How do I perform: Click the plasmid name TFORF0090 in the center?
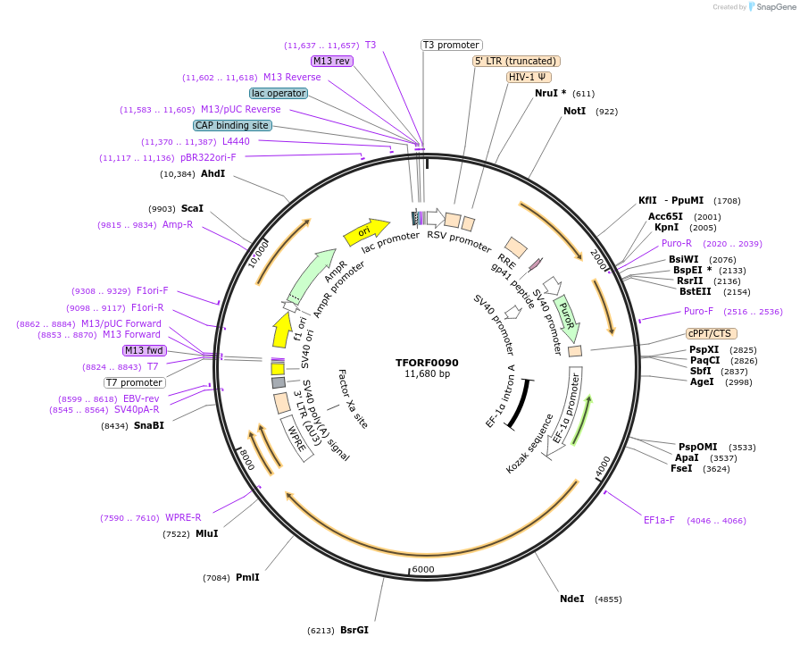427,363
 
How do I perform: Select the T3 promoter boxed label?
451,45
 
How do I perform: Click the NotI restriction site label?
574,111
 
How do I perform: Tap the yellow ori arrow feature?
365,232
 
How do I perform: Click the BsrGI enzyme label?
354,630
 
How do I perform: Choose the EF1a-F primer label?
659,520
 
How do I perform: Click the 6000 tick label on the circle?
422,569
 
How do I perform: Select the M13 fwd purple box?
144,350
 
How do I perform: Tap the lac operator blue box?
279,93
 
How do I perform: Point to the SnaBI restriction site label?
148,425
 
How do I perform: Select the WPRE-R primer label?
183,517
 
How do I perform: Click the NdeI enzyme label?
571,599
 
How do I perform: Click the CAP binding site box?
232,126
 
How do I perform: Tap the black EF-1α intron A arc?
520,404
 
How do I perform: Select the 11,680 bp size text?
427,374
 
